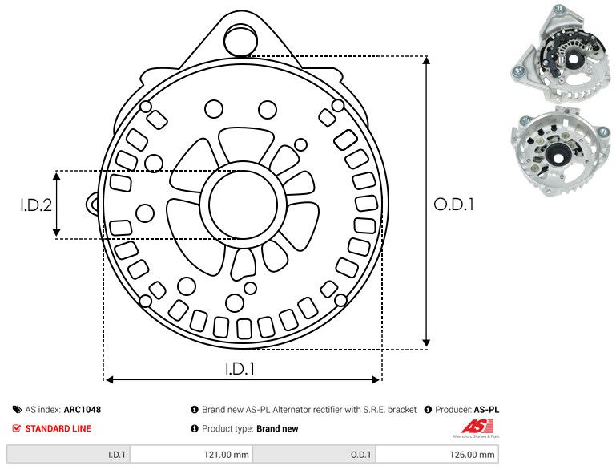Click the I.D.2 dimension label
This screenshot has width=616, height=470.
click(36, 205)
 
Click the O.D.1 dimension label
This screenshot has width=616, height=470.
click(453, 205)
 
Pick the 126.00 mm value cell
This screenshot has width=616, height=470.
click(474, 455)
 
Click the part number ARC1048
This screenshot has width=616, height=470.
click(82, 410)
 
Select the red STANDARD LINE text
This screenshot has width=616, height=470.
click(58, 428)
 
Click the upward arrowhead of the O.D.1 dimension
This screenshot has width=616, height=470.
click(426, 64)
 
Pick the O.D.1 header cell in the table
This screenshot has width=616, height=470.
click(360, 455)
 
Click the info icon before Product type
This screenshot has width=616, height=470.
click(195, 428)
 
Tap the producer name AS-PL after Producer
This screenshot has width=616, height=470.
click(486, 410)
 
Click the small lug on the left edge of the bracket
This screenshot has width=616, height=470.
click(95, 205)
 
